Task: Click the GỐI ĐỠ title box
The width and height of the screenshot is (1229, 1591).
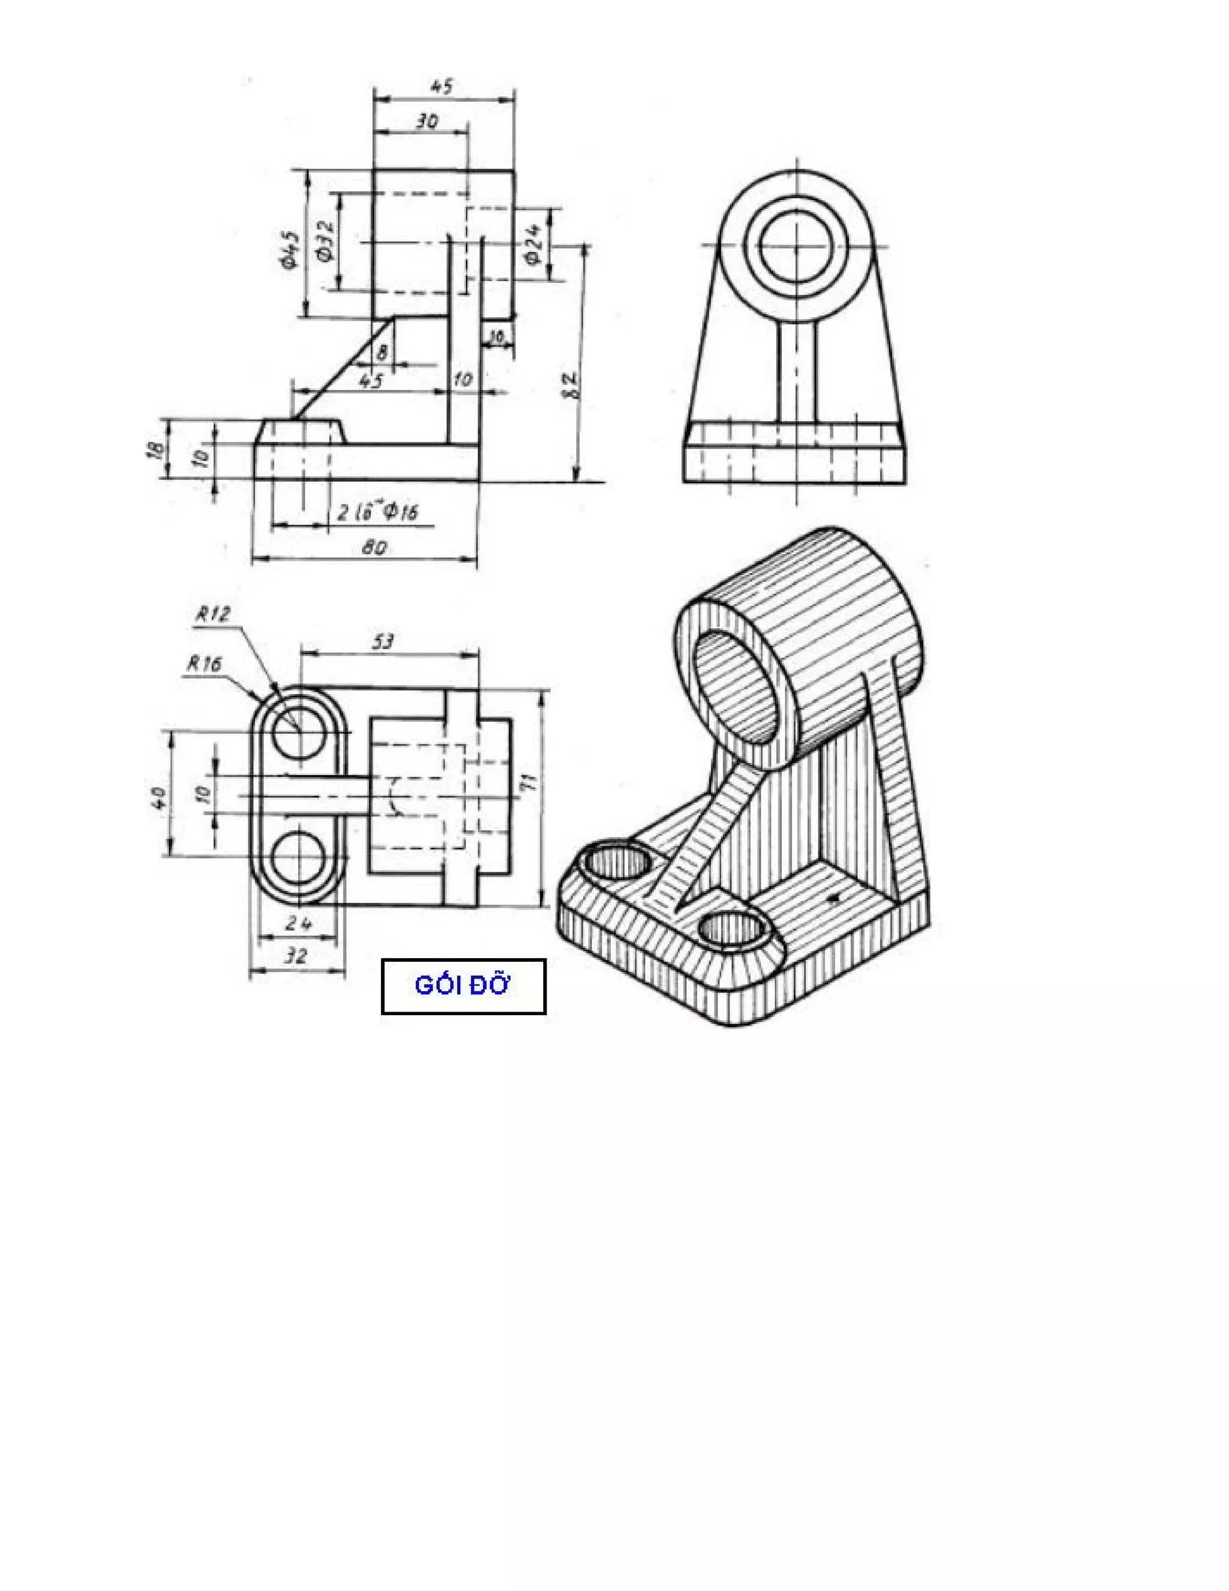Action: coord(463,986)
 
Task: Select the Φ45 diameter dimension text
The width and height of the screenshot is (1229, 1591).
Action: coord(289,249)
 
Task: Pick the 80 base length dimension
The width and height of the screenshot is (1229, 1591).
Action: coord(374,547)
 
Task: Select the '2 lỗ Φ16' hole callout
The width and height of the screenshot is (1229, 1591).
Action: coord(377,512)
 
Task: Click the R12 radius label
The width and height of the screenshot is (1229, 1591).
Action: coord(212,614)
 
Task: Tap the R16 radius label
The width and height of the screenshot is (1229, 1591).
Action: coord(204,663)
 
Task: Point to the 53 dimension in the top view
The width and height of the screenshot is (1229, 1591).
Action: coord(383,642)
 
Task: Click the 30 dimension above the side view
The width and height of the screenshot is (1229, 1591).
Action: coord(427,122)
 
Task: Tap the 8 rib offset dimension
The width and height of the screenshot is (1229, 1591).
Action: coord(382,352)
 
